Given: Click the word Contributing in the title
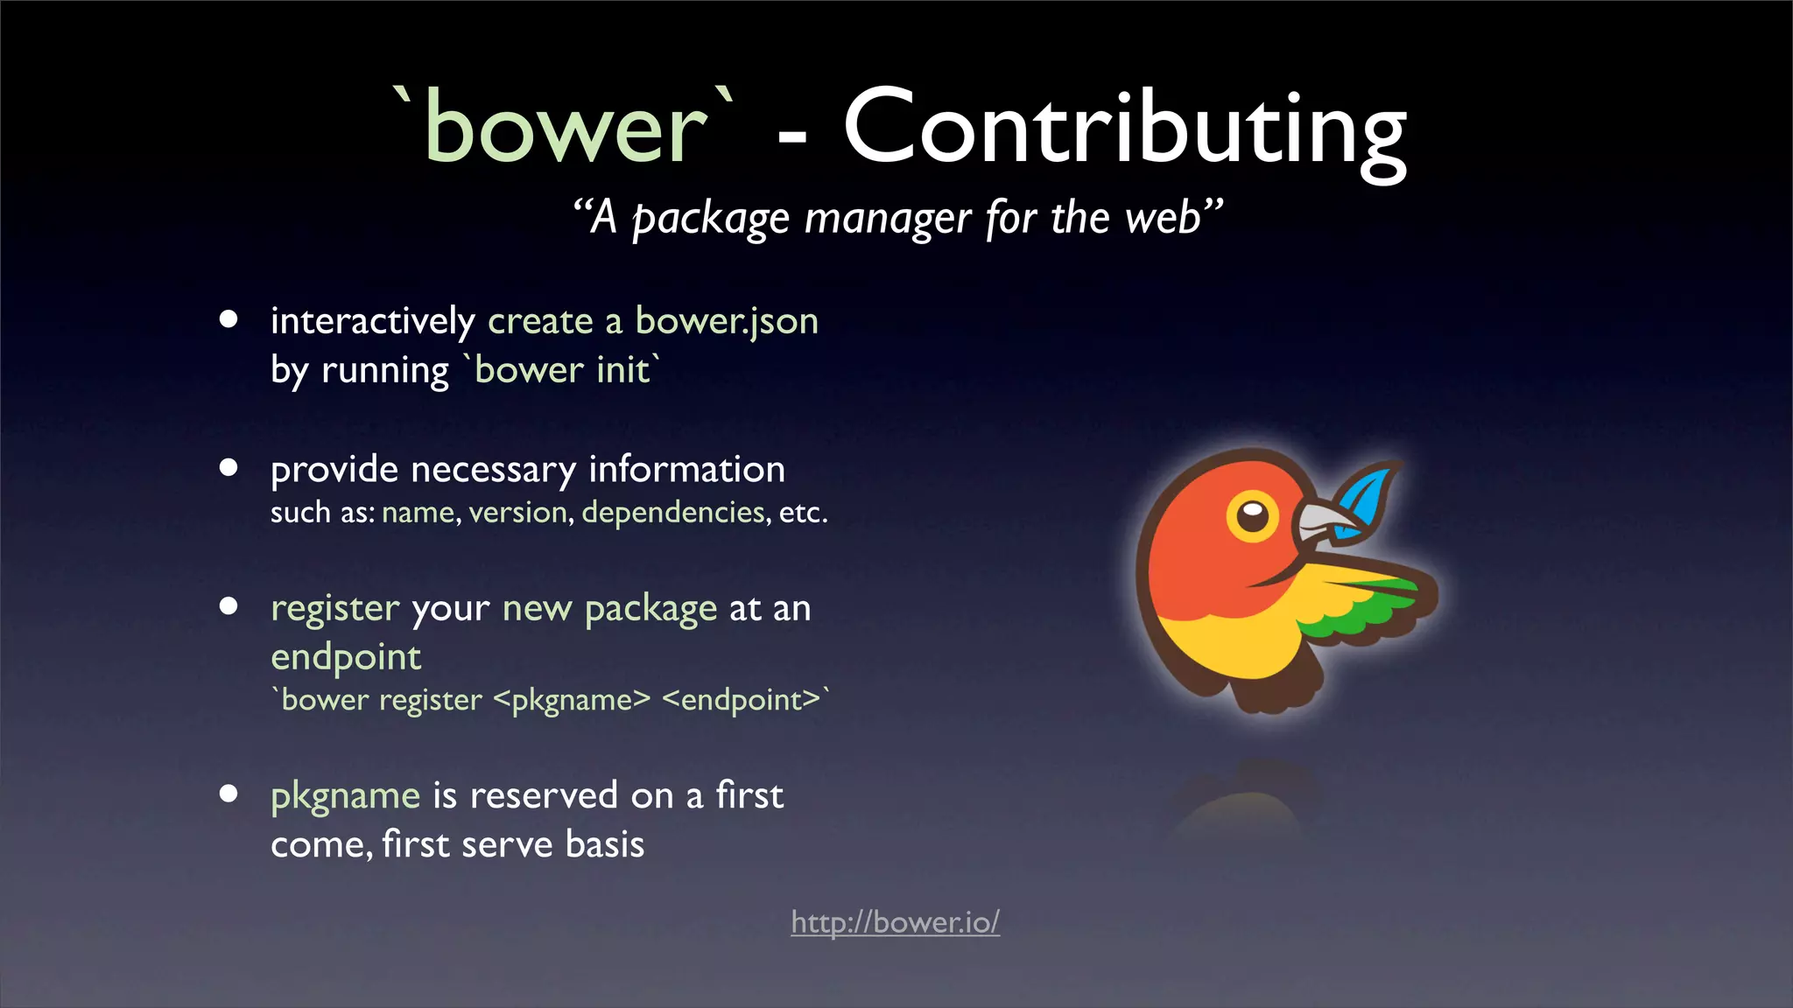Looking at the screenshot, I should pyautogui.click(x=1124, y=129).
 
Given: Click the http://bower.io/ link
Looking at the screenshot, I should pyautogui.click(x=895, y=922).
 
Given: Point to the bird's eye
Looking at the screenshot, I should pyautogui.click(x=1253, y=515).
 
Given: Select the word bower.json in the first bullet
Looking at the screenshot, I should pyautogui.click(x=727, y=321).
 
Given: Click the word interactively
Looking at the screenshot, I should pyautogui.click(x=372, y=321).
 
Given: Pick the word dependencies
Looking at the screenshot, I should pyautogui.click(x=673, y=512).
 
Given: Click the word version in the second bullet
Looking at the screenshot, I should pyautogui.click(x=518, y=512).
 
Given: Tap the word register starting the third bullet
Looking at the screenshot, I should pyautogui.click(x=334, y=608).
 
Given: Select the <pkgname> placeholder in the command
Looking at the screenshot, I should pyautogui.click(x=572, y=700).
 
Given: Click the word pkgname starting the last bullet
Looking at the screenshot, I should pyautogui.click(x=346, y=796).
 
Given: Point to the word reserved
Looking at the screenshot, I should pyautogui.click(x=544, y=796).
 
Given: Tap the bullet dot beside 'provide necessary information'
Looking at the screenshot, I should pyautogui.click(x=229, y=467).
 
